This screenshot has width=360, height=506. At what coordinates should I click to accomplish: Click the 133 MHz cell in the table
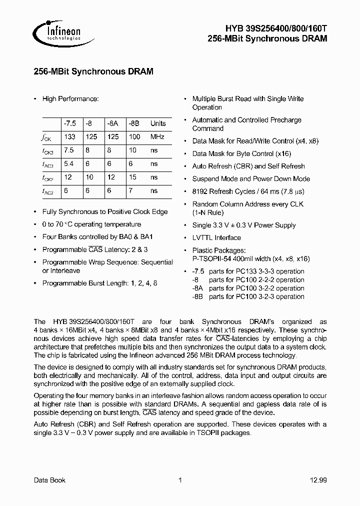coord(69,136)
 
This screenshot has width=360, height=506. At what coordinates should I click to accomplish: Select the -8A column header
coord(112,123)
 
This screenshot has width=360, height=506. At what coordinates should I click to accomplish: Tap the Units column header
coord(158,123)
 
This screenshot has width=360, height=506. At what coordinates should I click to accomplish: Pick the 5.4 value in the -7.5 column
coord(69,163)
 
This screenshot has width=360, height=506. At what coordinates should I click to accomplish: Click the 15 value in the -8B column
coord(132,177)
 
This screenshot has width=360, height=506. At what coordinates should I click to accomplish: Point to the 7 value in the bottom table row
coord(130,190)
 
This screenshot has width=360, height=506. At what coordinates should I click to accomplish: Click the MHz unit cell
coord(157,136)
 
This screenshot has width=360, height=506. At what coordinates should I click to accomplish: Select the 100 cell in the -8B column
coord(134,136)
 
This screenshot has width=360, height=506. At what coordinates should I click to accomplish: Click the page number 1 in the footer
coord(180,480)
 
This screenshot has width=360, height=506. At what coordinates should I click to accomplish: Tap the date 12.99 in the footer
coord(318,480)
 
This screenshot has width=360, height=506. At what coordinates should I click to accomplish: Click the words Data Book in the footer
coord(49,480)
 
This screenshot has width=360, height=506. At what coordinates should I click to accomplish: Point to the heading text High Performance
coord(70,99)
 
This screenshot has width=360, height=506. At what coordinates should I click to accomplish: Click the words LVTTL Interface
coord(216,237)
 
